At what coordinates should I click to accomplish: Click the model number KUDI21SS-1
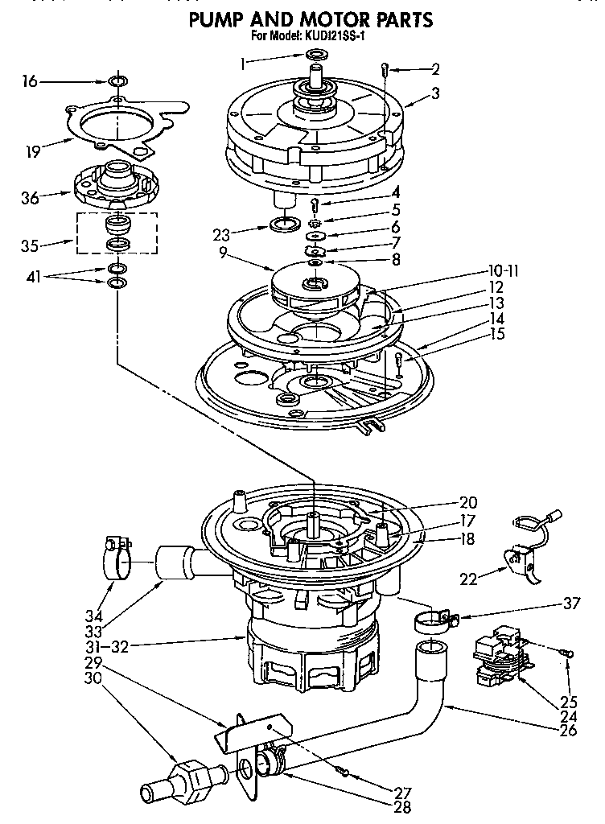tap(336, 36)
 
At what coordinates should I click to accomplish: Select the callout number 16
tap(30, 81)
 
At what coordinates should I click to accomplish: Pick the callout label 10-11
tap(502, 272)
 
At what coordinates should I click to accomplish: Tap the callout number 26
tap(570, 731)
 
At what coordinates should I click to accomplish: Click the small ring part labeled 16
tap(118, 81)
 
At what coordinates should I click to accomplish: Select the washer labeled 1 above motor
tap(316, 55)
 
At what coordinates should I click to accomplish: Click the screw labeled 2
tap(385, 70)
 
